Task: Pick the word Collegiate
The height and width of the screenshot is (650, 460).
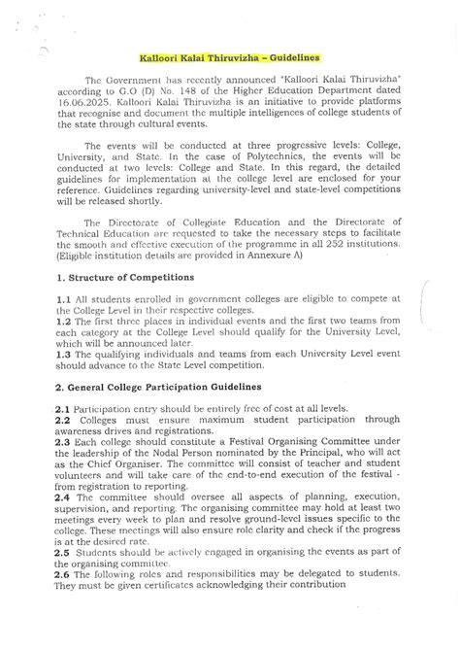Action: [x=217, y=223]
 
